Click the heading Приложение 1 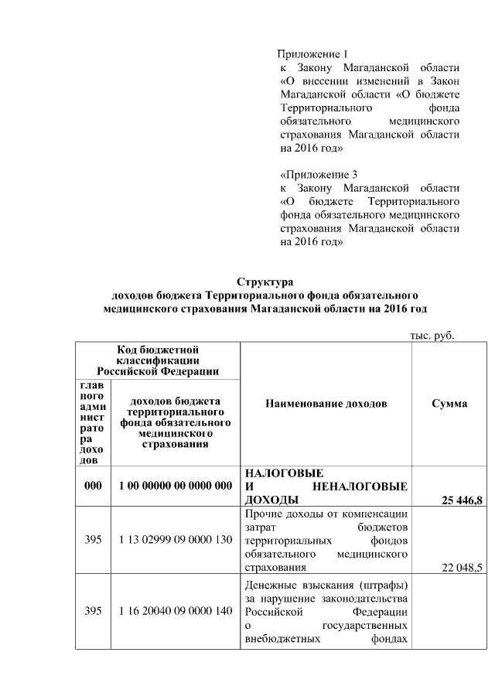click(x=314, y=54)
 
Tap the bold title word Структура click(x=265, y=282)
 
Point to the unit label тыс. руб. click(x=430, y=336)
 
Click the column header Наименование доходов click(x=326, y=404)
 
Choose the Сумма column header click(x=449, y=404)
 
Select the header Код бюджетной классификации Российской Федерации click(x=158, y=360)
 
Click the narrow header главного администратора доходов click(x=93, y=422)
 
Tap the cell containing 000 click(x=93, y=486)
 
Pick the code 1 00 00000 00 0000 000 click(x=176, y=486)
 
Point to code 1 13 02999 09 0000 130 click(x=176, y=539)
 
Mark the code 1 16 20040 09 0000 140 click(x=176, y=611)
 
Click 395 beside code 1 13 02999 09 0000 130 click(x=93, y=539)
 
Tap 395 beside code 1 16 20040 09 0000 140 click(x=93, y=611)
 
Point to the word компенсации click(x=375, y=514)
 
